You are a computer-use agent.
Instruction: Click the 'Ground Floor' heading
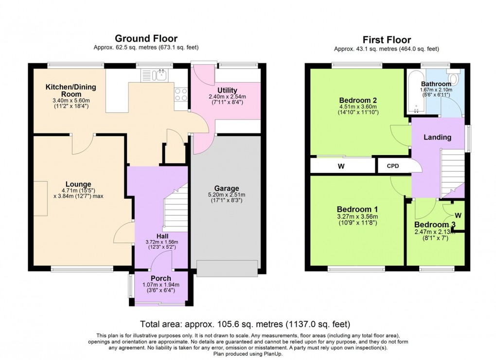[146, 38]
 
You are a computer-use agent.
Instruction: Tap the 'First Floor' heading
[387, 40]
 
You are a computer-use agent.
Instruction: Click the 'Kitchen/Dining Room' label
[71, 90]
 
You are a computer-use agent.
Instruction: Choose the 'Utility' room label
[227, 90]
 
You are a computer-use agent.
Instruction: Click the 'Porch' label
[161, 278]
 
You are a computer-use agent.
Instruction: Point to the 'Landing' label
[437, 137]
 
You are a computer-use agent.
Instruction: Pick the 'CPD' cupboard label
[393, 166]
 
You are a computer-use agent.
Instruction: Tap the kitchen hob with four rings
[181, 94]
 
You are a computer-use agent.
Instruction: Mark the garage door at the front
[227, 268]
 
